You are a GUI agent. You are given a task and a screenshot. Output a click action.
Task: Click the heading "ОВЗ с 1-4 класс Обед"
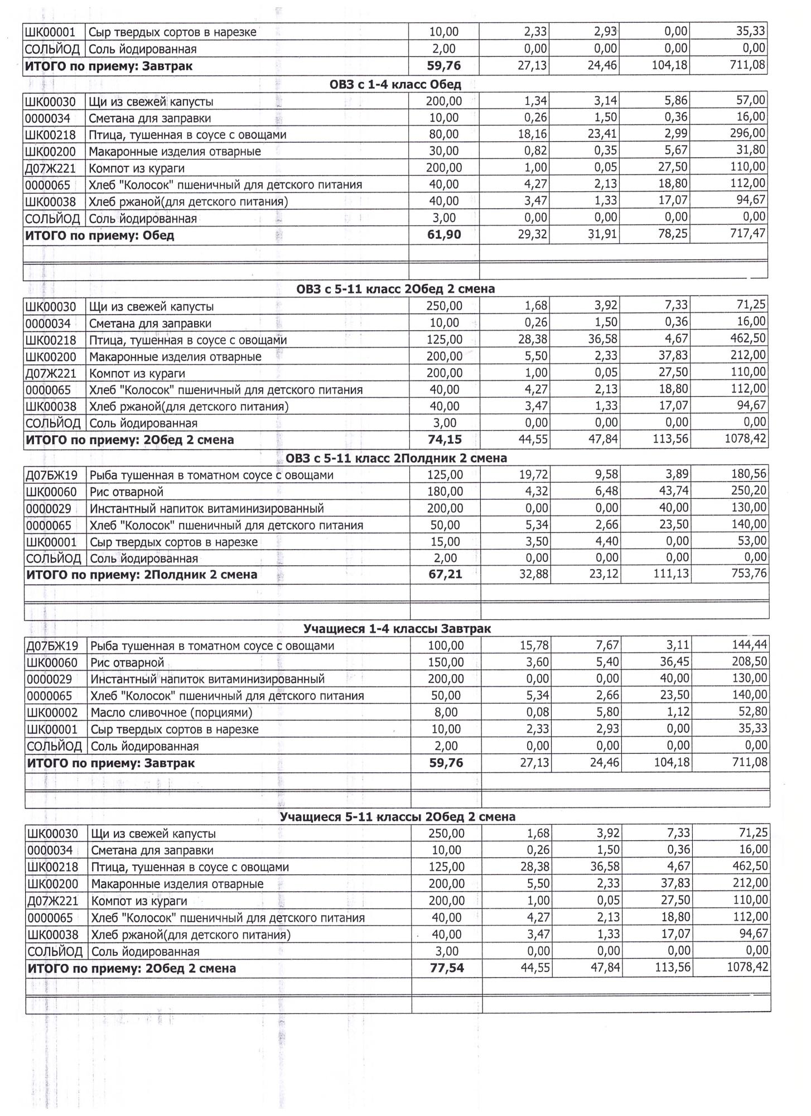pos(395,85)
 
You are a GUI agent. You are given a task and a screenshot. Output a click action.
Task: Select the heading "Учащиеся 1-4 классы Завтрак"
pos(397,629)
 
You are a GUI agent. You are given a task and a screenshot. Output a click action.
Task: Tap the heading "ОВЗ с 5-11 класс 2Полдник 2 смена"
pos(396,458)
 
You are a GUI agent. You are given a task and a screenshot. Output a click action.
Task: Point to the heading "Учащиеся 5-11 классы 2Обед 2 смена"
pos(397,817)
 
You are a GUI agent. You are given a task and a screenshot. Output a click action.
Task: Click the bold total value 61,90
pos(444,235)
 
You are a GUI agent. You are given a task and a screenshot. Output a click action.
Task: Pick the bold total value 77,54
pos(447,968)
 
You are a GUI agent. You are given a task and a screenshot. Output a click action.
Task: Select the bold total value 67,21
pos(445,574)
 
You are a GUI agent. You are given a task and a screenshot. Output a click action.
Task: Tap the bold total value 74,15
pos(445,440)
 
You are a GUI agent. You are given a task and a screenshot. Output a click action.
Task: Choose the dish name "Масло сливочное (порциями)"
pos(171,713)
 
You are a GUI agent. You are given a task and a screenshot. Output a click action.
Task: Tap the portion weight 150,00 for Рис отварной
pos(446,662)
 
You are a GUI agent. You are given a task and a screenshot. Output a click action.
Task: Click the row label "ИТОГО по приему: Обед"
pos(100,235)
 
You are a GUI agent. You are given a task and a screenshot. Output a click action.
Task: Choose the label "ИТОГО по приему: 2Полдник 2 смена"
pos(142,575)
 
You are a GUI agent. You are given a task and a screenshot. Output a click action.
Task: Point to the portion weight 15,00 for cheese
pos(445,542)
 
